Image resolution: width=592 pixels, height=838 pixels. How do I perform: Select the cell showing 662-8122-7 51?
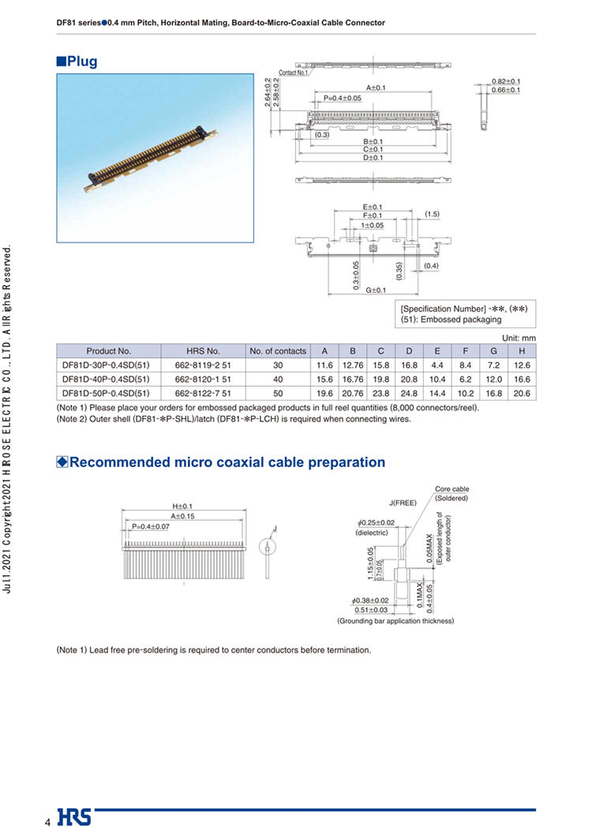(203, 393)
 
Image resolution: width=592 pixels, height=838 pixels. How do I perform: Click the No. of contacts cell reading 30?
(277, 365)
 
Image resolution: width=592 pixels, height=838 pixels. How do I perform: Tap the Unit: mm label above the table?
(519, 338)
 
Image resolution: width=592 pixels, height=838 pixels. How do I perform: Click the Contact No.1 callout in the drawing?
(294, 73)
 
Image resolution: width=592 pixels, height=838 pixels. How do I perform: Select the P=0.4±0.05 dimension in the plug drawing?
(342, 98)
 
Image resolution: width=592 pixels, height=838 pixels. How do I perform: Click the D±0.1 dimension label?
(373, 158)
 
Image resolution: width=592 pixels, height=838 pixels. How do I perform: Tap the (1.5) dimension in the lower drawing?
(432, 214)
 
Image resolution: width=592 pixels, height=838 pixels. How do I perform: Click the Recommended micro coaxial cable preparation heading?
(227, 462)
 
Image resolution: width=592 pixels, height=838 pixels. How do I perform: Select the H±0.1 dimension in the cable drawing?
(182, 506)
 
